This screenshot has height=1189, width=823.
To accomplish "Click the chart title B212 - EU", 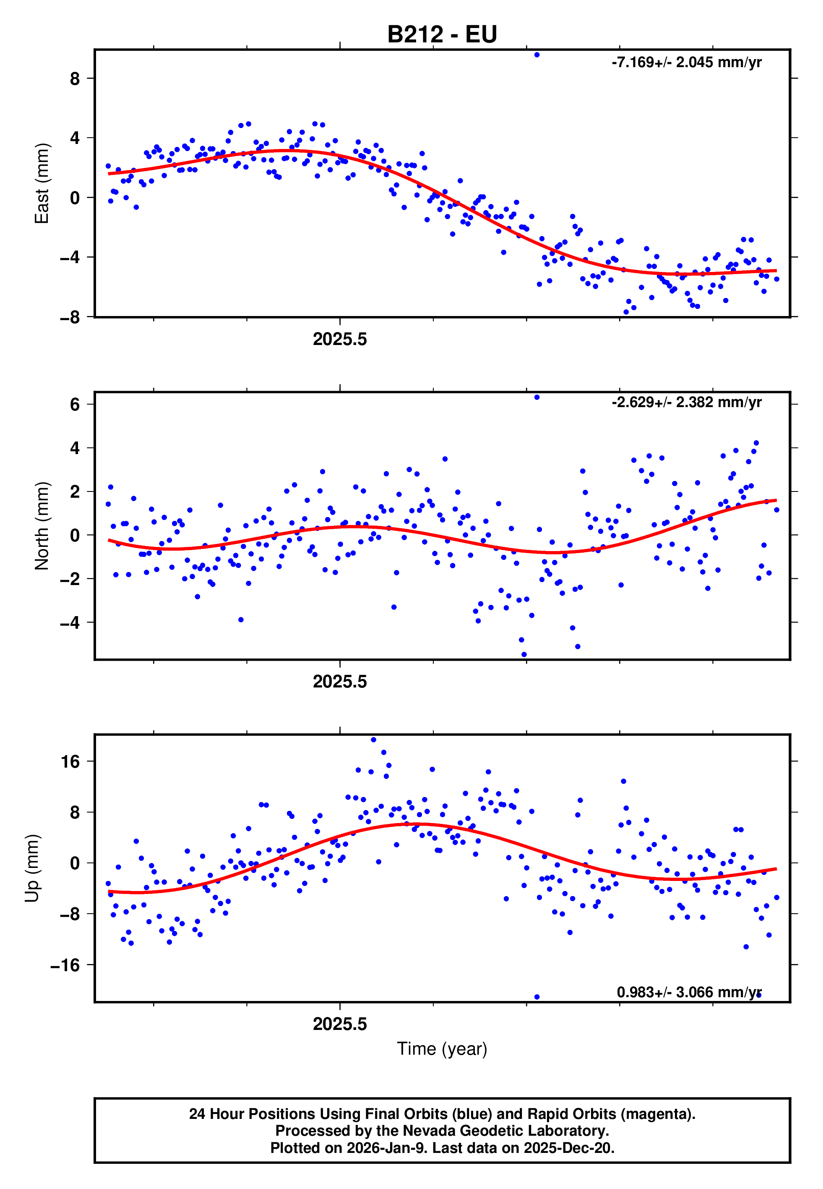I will pos(442,34).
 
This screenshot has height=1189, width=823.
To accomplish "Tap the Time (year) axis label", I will pos(442,1049).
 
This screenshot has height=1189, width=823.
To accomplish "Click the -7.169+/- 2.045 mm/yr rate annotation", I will pos(686,63).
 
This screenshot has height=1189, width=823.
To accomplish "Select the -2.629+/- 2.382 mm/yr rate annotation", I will pos(686,402).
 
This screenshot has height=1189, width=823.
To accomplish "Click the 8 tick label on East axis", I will pos(75,79).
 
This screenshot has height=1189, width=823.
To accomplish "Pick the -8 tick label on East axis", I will pos(70,317).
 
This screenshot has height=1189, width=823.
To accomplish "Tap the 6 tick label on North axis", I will pos(75,405).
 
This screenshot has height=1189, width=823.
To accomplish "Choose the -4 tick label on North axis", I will pos(70,622).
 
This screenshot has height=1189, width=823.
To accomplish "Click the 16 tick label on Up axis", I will pos(70,761).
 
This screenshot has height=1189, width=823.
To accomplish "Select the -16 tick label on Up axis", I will pos(65,964).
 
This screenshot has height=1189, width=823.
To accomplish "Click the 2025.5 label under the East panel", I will pos(340,340).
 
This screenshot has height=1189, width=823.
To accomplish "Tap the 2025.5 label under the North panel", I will pos(340,682).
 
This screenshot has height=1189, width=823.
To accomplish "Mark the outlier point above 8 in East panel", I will pos(537,55).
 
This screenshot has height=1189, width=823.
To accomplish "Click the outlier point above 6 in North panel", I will pos(537,397).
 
